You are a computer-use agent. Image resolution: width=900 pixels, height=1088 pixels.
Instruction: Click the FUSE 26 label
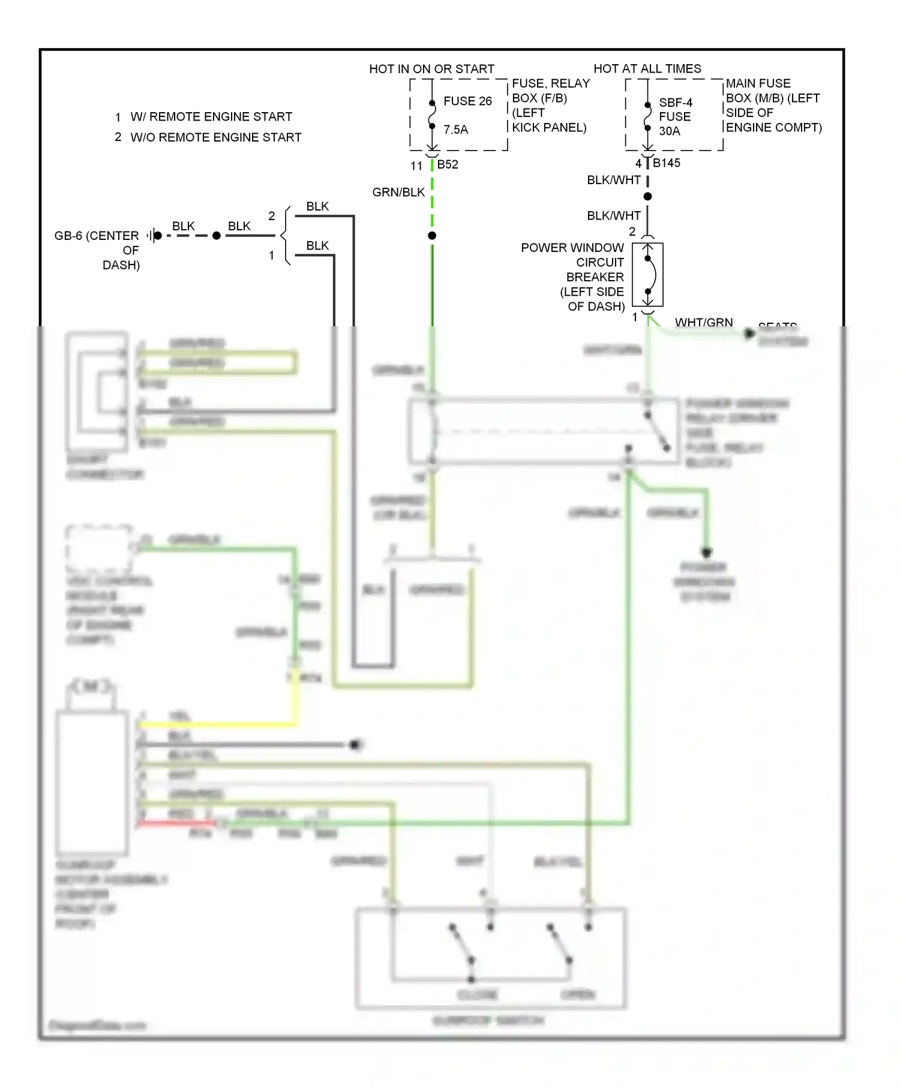click(x=467, y=101)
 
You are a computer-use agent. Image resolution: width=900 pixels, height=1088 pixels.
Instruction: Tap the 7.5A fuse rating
click(x=455, y=130)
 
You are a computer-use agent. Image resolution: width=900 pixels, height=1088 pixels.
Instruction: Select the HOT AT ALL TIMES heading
click(x=647, y=69)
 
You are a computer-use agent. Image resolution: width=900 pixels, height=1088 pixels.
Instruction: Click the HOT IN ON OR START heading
click(x=431, y=69)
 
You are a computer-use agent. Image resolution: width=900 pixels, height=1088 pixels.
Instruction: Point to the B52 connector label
click(x=448, y=164)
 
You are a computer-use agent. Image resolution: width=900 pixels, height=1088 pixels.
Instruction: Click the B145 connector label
click(x=666, y=163)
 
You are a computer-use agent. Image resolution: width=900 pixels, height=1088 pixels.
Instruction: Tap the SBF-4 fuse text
click(x=676, y=103)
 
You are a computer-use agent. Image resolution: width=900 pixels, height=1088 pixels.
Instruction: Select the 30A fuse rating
click(x=670, y=131)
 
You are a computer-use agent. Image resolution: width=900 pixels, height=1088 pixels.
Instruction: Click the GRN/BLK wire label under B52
click(x=398, y=193)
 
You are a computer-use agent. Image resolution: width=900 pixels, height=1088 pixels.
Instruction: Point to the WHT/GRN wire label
click(x=704, y=323)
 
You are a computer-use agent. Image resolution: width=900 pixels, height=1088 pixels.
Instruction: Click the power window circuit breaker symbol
click(x=647, y=275)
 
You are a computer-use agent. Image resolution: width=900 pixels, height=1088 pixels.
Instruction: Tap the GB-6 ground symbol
click(x=154, y=236)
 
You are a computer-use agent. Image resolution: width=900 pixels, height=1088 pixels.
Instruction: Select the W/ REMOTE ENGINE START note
click(x=211, y=117)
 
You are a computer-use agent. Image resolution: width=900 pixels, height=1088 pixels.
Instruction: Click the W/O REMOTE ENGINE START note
click(x=215, y=137)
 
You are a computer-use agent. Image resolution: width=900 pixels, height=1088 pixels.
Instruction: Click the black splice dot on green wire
click(x=432, y=236)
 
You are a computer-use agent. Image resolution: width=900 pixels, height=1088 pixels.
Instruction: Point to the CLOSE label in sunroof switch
click(x=477, y=994)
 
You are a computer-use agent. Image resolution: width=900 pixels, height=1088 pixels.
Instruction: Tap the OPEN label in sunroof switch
click(x=577, y=994)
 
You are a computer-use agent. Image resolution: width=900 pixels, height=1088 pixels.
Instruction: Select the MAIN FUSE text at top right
click(x=758, y=83)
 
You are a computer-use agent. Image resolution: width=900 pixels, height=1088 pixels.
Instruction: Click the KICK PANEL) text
click(x=549, y=128)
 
